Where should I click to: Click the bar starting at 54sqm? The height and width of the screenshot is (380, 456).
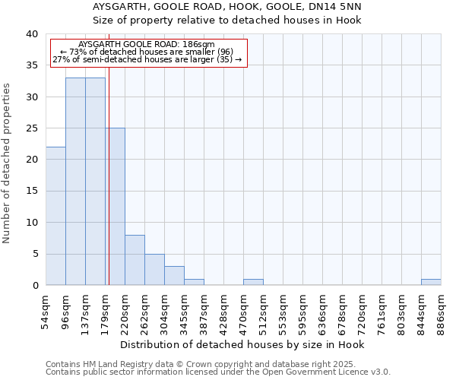[x=55, y=216]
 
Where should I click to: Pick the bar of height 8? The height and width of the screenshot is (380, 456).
[x=135, y=260]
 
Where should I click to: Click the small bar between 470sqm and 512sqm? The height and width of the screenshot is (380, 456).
[x=253, y=282]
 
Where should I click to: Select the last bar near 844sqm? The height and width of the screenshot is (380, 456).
[x=431, y=282]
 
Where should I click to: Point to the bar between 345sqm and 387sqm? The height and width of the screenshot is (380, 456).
[x=194, y=282]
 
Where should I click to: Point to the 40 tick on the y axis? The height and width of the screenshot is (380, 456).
[x=31, y=34]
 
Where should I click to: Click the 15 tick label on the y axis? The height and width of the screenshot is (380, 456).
[x=31, y=192]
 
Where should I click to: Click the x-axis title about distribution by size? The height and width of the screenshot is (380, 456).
[x=242, y=344]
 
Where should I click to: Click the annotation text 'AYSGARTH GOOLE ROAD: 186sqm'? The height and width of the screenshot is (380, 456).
[x=146, y=45]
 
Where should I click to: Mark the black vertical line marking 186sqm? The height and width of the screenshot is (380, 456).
[x=109, y=190]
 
